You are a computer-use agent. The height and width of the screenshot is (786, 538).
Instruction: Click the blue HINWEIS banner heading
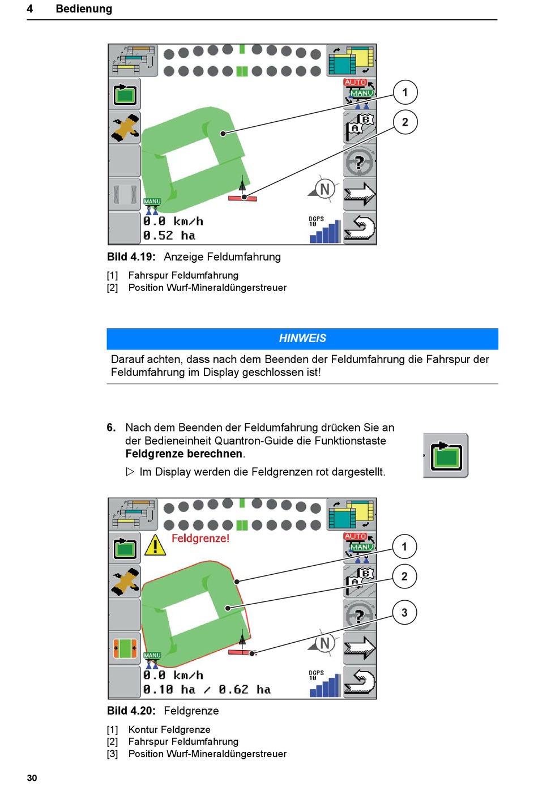coord(302,339)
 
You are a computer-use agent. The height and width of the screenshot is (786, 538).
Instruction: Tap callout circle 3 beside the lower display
coord(404,613)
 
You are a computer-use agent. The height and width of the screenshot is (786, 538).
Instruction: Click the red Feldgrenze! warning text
coord(200,539)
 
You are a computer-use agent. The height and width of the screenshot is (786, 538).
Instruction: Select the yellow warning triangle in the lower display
coord(155,545)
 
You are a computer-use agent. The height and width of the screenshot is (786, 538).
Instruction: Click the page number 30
coord(32,778)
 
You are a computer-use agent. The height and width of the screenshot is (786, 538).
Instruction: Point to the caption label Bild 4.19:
coord(131,257)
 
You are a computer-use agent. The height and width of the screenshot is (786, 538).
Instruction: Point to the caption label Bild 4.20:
coord(131,711)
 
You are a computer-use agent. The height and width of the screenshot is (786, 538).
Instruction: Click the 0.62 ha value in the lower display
coord(245,690)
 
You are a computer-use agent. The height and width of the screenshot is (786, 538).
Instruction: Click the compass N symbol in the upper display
coord(324,189)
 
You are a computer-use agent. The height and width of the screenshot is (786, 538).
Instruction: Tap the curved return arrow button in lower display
coord(360,682)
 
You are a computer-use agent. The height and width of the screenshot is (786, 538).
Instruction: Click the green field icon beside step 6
coord(446,456)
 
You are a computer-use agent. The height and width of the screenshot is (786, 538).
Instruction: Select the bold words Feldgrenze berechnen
coord(184,454)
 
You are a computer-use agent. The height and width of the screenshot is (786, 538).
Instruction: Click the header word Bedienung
coord(84,9)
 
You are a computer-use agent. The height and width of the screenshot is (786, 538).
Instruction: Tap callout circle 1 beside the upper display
coord(405,92)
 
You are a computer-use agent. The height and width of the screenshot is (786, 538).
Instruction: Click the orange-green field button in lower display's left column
coord(125,648)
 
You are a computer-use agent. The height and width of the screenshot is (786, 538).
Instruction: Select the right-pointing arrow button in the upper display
coord(360,194)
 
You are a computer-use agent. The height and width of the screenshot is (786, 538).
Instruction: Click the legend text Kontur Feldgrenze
coord(169,730)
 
